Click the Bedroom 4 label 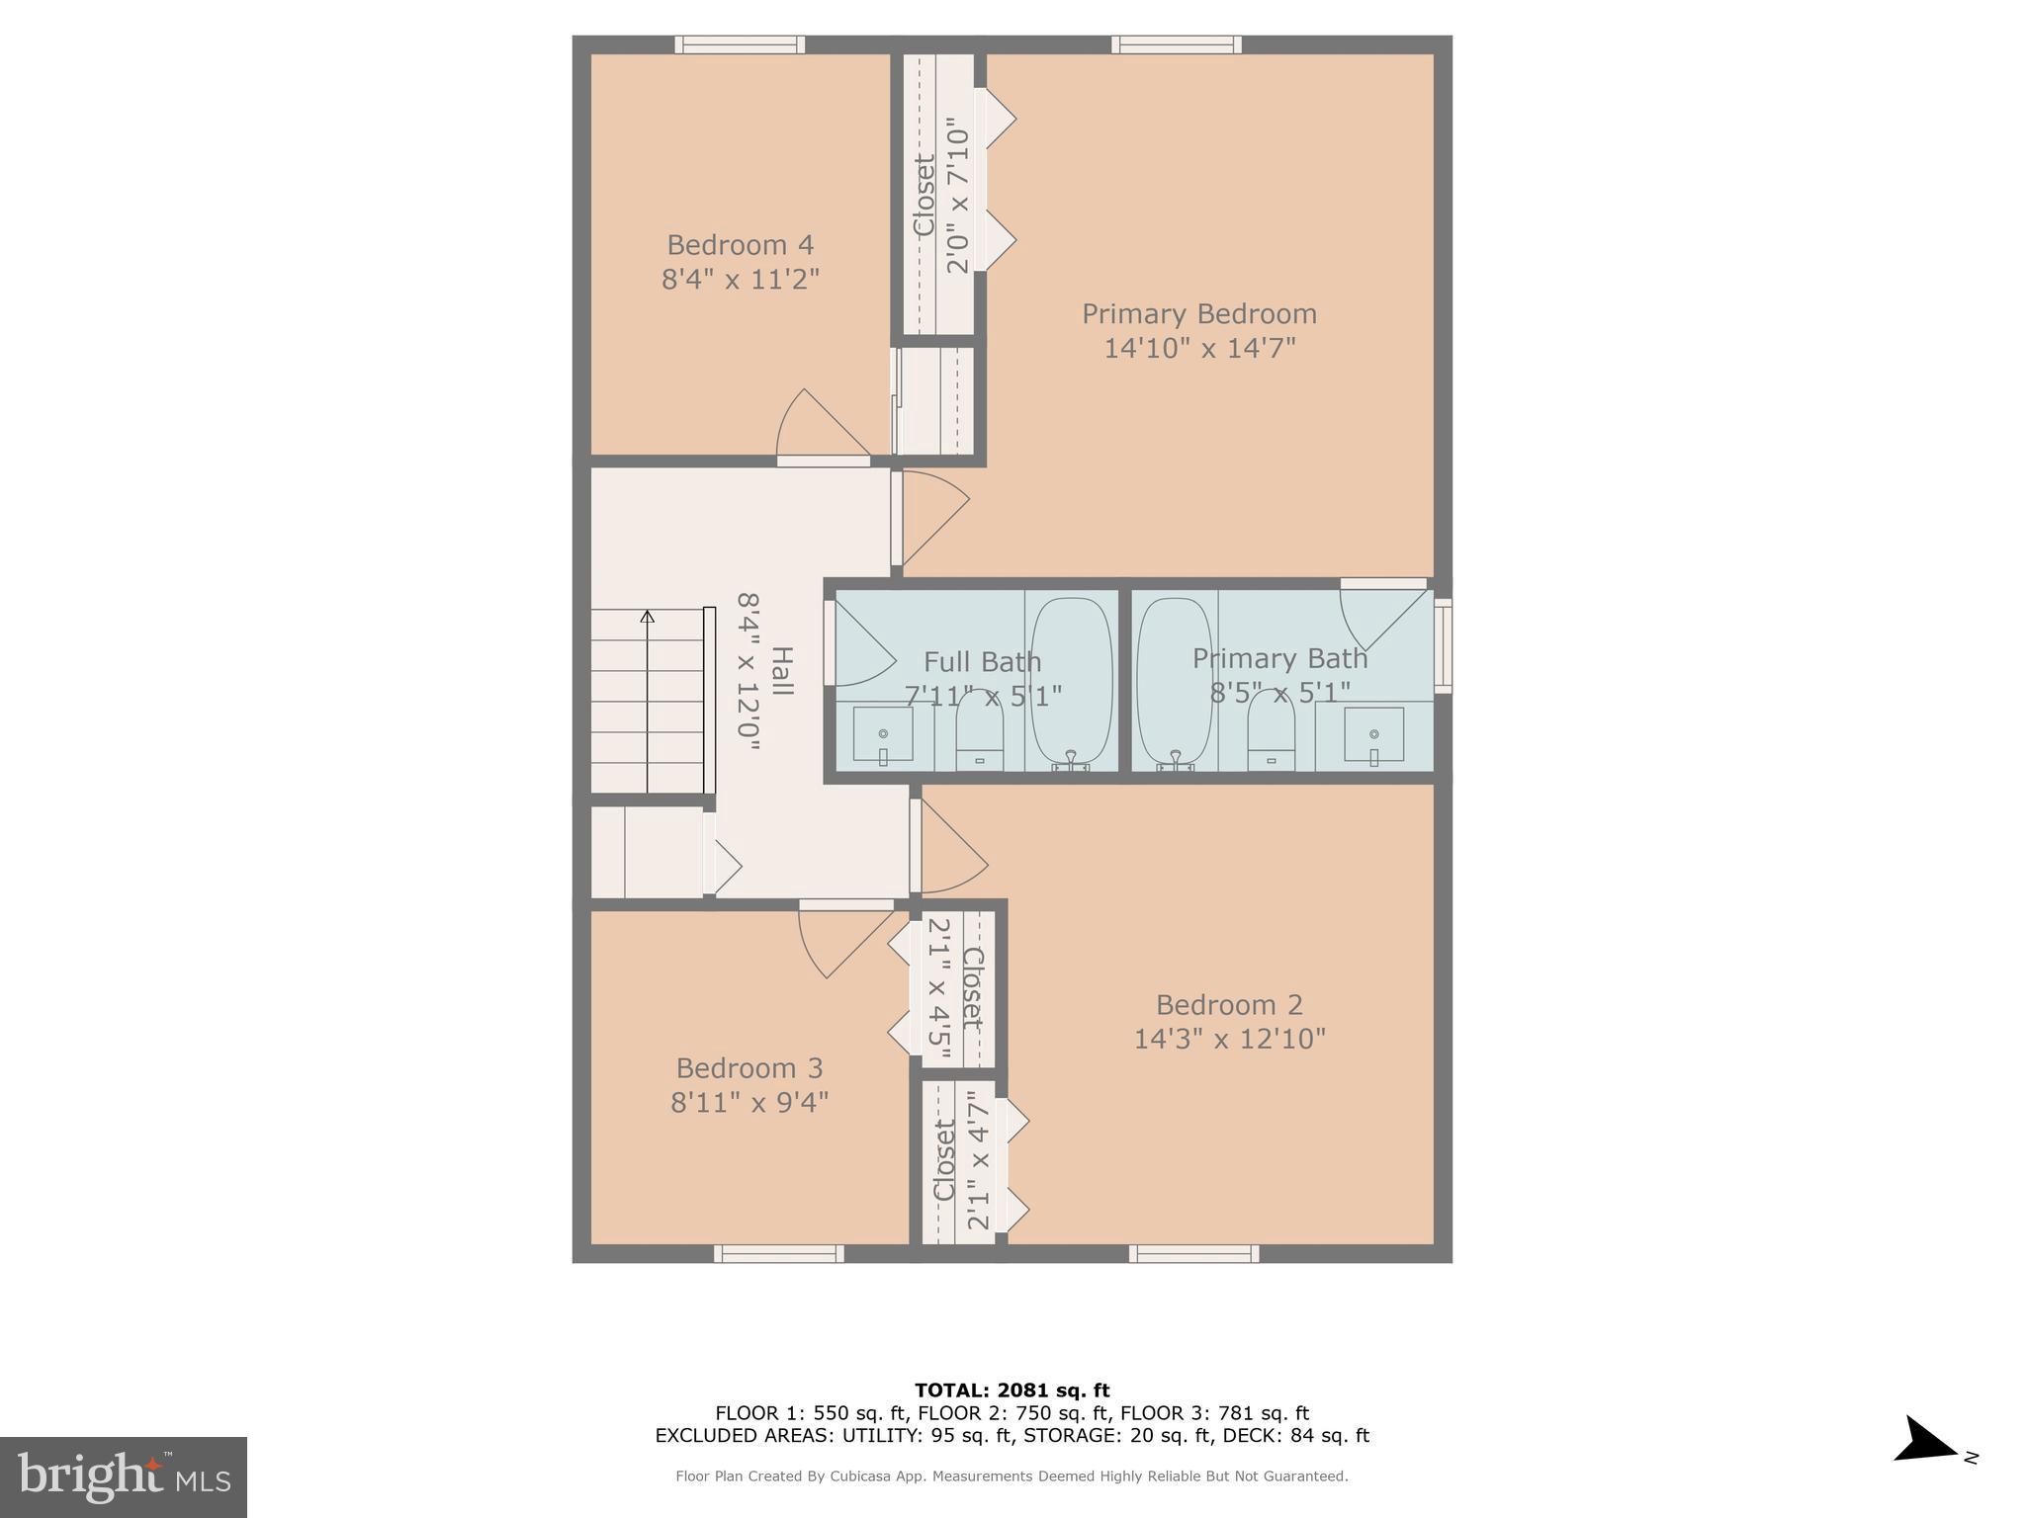pyautogui.click(x=740, y=245)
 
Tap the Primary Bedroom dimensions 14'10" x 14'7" pyautogui.click(x=1199, y=348)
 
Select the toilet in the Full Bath pyautogui.click(x=979, y=732)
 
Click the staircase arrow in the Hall pyautogui.click(x=648, y=617)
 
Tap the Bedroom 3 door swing pyautogui.click(x=840, y=940)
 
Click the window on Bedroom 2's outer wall pyautogui.click(x=1194, y=1254)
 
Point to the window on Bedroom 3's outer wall pyautogui.click(x=779, y=1254)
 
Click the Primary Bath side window pyautogui.click(x=1443, y=644)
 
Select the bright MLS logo pyautogui.click(x=124, y=1476)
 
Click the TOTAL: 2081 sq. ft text pyautogui.click(x=1012, y=1391)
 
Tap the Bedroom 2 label pyautogui.click(x=1229, y=1005)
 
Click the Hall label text pyautogui.click(x=781, y=670)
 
